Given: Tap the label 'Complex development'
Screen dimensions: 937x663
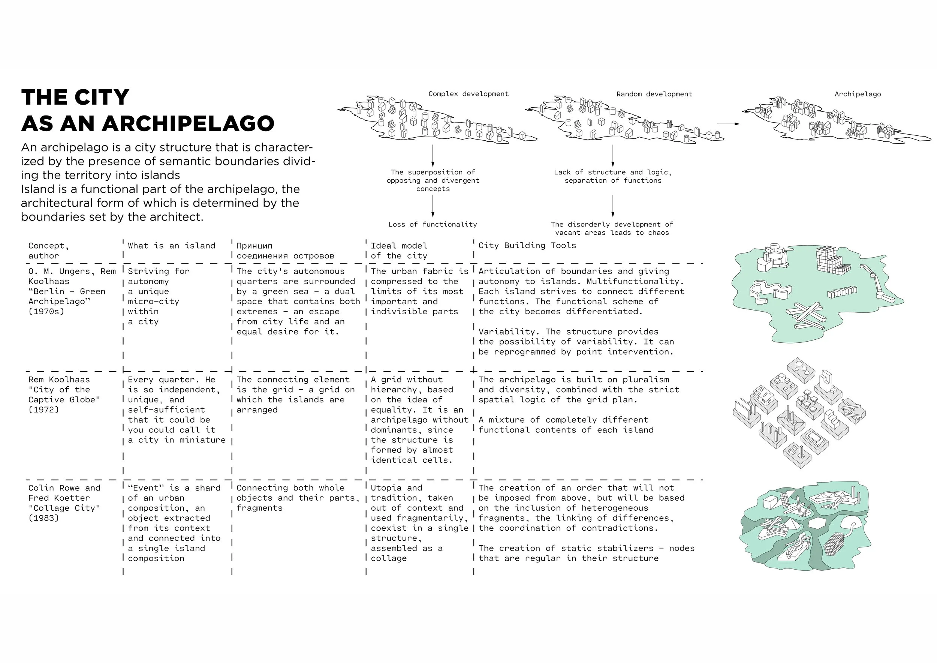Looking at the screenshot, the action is (x=468, y=94).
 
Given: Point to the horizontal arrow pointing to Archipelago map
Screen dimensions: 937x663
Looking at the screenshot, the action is (x=729, y=124).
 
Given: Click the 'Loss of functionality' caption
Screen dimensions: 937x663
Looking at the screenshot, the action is (x=433, y=225).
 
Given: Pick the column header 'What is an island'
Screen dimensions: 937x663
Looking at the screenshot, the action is (x=171, y=246).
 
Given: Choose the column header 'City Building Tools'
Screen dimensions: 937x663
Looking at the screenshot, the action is (x=527, y=245).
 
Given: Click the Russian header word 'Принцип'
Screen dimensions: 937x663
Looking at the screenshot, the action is (x=254, y=246).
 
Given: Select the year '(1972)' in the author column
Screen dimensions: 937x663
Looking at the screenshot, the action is (x=44, y=409).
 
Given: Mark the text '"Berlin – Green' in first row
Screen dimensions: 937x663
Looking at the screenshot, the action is (x=67, y=291).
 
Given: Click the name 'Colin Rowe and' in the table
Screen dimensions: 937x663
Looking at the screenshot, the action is (x=64, y=488).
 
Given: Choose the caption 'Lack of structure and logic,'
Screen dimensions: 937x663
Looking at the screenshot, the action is (x=612, y=172).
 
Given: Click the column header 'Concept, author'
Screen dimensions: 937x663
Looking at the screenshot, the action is (x=49, y=250).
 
